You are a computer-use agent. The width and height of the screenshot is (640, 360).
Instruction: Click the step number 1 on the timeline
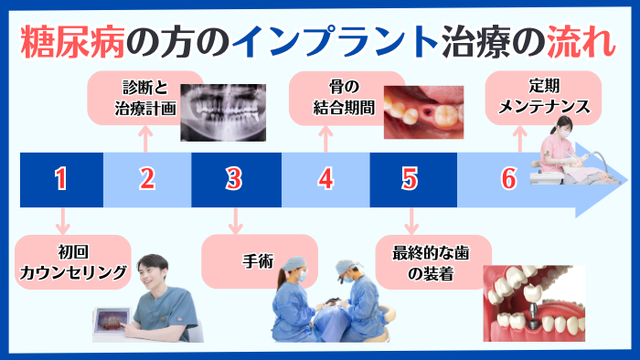(x=60, y=179)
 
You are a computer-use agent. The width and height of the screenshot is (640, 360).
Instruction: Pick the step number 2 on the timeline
(x=147, y=179)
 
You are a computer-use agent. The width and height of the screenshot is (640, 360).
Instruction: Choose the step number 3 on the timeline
(x=235, y=179)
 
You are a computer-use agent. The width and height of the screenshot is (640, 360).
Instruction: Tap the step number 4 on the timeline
(x=325, y=179)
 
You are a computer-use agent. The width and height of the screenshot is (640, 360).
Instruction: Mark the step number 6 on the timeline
(x=508, y=179)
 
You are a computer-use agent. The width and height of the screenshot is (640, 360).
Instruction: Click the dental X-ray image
(x=227, y=112)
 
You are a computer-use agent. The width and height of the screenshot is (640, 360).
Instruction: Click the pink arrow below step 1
(x=60, y=222)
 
